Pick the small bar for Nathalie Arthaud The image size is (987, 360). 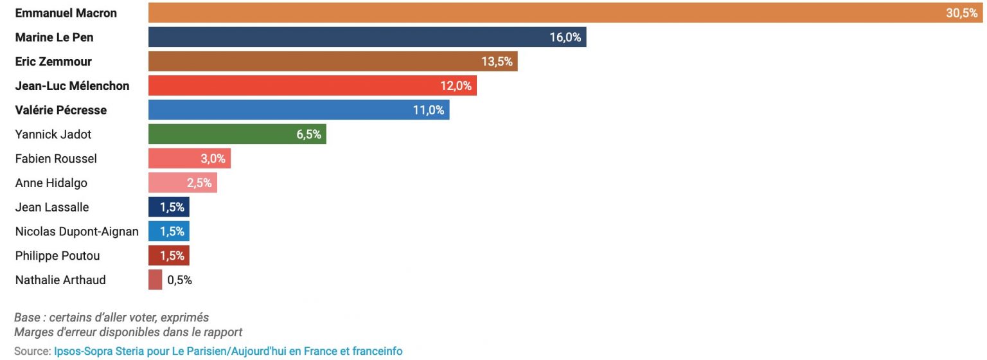(x=155, y=280)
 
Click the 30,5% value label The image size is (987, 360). (x=961, y=14)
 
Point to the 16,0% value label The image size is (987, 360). (x=565, y=37)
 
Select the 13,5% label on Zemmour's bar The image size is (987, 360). (x=497, y=62)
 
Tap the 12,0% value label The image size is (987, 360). (x=456, y=86)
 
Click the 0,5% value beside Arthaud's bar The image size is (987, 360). (x=179, y=280)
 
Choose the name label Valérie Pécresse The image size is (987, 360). (x=61, y=110)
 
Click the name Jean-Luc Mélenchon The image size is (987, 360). (x=72, y=86)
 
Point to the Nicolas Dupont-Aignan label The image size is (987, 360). (x=76, y=231)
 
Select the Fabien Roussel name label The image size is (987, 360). (x=56, y=159)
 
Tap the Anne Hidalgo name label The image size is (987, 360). (x=51, y=183)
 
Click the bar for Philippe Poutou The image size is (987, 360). (x=168, y=256)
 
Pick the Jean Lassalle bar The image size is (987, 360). (x=168, y=207)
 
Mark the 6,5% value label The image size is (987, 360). (x=308, y=134)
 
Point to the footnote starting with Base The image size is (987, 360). (x=111, y=318)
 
